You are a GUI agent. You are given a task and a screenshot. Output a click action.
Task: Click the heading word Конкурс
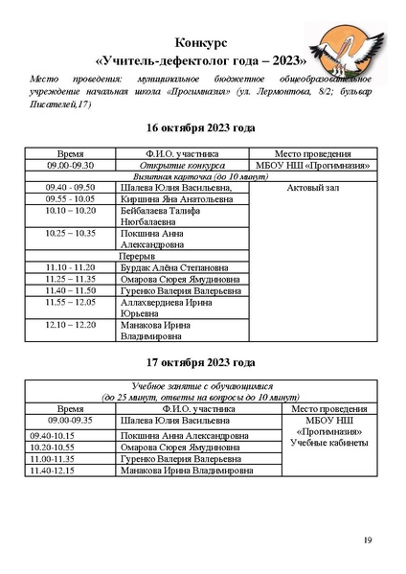coord(202,44)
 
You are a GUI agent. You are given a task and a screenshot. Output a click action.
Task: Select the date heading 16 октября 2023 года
coord(202,127)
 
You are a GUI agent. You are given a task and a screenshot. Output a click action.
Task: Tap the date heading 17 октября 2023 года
coord(202,364)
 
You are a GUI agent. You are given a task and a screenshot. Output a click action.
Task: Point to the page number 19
coord(367,541)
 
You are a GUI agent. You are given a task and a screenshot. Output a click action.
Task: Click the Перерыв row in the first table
coord(138,256)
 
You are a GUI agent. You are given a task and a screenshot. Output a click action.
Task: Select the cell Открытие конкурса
coord(182,165)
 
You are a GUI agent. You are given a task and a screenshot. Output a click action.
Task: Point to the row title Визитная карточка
coord(162,176)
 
